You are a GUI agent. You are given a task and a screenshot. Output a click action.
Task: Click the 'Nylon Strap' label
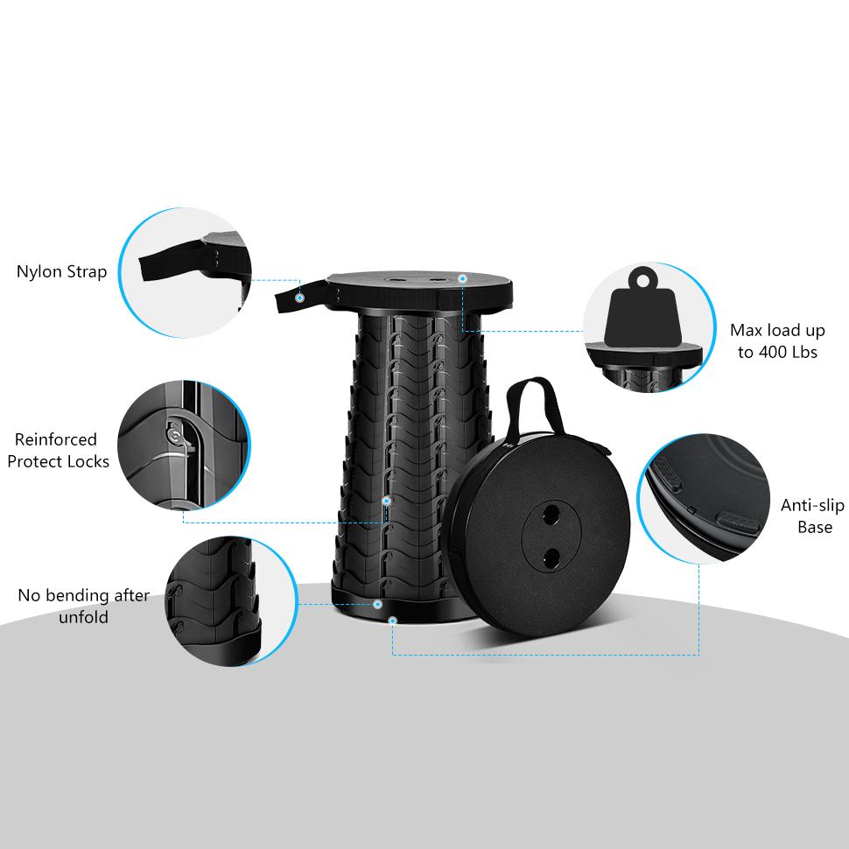point(62,271)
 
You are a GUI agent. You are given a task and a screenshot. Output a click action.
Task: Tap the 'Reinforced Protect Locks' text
point(58,451)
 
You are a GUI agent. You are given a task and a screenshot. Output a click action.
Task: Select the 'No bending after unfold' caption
point(83,606)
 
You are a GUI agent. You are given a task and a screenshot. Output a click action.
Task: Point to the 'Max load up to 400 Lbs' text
point(777,341)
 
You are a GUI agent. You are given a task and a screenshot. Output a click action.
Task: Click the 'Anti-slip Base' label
point(812,516)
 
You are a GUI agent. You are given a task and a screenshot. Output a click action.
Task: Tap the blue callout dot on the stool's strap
point(298,298)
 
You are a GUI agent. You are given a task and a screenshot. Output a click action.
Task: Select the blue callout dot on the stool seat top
point(462,278)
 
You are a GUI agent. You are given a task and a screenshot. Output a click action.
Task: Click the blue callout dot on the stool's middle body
point(386,502)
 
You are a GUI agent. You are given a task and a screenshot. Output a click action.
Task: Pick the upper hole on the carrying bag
point(551,514)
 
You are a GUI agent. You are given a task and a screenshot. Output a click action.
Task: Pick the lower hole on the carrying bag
point(551,558)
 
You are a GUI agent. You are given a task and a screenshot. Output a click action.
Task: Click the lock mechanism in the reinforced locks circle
point(179,438)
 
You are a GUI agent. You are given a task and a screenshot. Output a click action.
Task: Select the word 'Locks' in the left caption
point(87,462)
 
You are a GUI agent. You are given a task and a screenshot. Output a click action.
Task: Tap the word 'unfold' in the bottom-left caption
point(83,617)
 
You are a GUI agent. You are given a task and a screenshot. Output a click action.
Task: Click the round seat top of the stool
point(419,291)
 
